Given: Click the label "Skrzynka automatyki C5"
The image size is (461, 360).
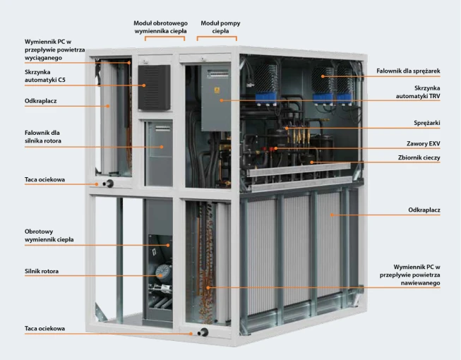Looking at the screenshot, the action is [x=44, y=76].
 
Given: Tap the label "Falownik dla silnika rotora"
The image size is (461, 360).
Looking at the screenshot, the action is [x=43, y=137].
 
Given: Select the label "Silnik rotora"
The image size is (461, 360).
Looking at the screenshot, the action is [x=42, y=271].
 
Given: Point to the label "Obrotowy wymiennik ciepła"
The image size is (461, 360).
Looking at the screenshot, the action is [x=49, y=235].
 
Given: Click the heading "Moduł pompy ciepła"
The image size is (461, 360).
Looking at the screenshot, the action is [x=220, y=27].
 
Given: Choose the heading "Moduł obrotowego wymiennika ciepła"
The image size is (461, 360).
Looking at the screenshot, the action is [x=160, y=27].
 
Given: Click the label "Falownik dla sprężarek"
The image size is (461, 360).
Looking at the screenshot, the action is [x=408, y=71].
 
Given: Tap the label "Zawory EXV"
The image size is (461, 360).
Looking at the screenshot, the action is [x=424, y=143].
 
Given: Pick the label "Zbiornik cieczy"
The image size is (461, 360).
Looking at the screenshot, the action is [x=419, y=157].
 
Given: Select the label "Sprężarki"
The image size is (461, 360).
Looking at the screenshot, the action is [x=427, y=123].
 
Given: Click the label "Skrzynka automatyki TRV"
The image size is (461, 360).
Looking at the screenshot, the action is [x=418, y=92].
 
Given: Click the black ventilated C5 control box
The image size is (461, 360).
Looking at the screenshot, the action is [x=155, y=88].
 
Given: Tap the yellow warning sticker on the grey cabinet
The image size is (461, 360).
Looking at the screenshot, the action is [x=217, y=90].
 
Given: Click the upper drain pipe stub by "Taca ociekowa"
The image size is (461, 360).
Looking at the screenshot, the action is [x=108, y=184].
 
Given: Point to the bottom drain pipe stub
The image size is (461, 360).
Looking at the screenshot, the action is [x=203, y=332].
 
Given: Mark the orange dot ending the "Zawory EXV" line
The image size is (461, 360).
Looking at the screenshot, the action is [x=276, y=148].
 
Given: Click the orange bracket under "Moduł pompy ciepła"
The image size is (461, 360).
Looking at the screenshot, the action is [x=217, y=37].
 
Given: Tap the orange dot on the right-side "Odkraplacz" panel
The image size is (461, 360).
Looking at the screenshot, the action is [x=332, y=215].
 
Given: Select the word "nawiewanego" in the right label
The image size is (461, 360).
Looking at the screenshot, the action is [x=421, y=283].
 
